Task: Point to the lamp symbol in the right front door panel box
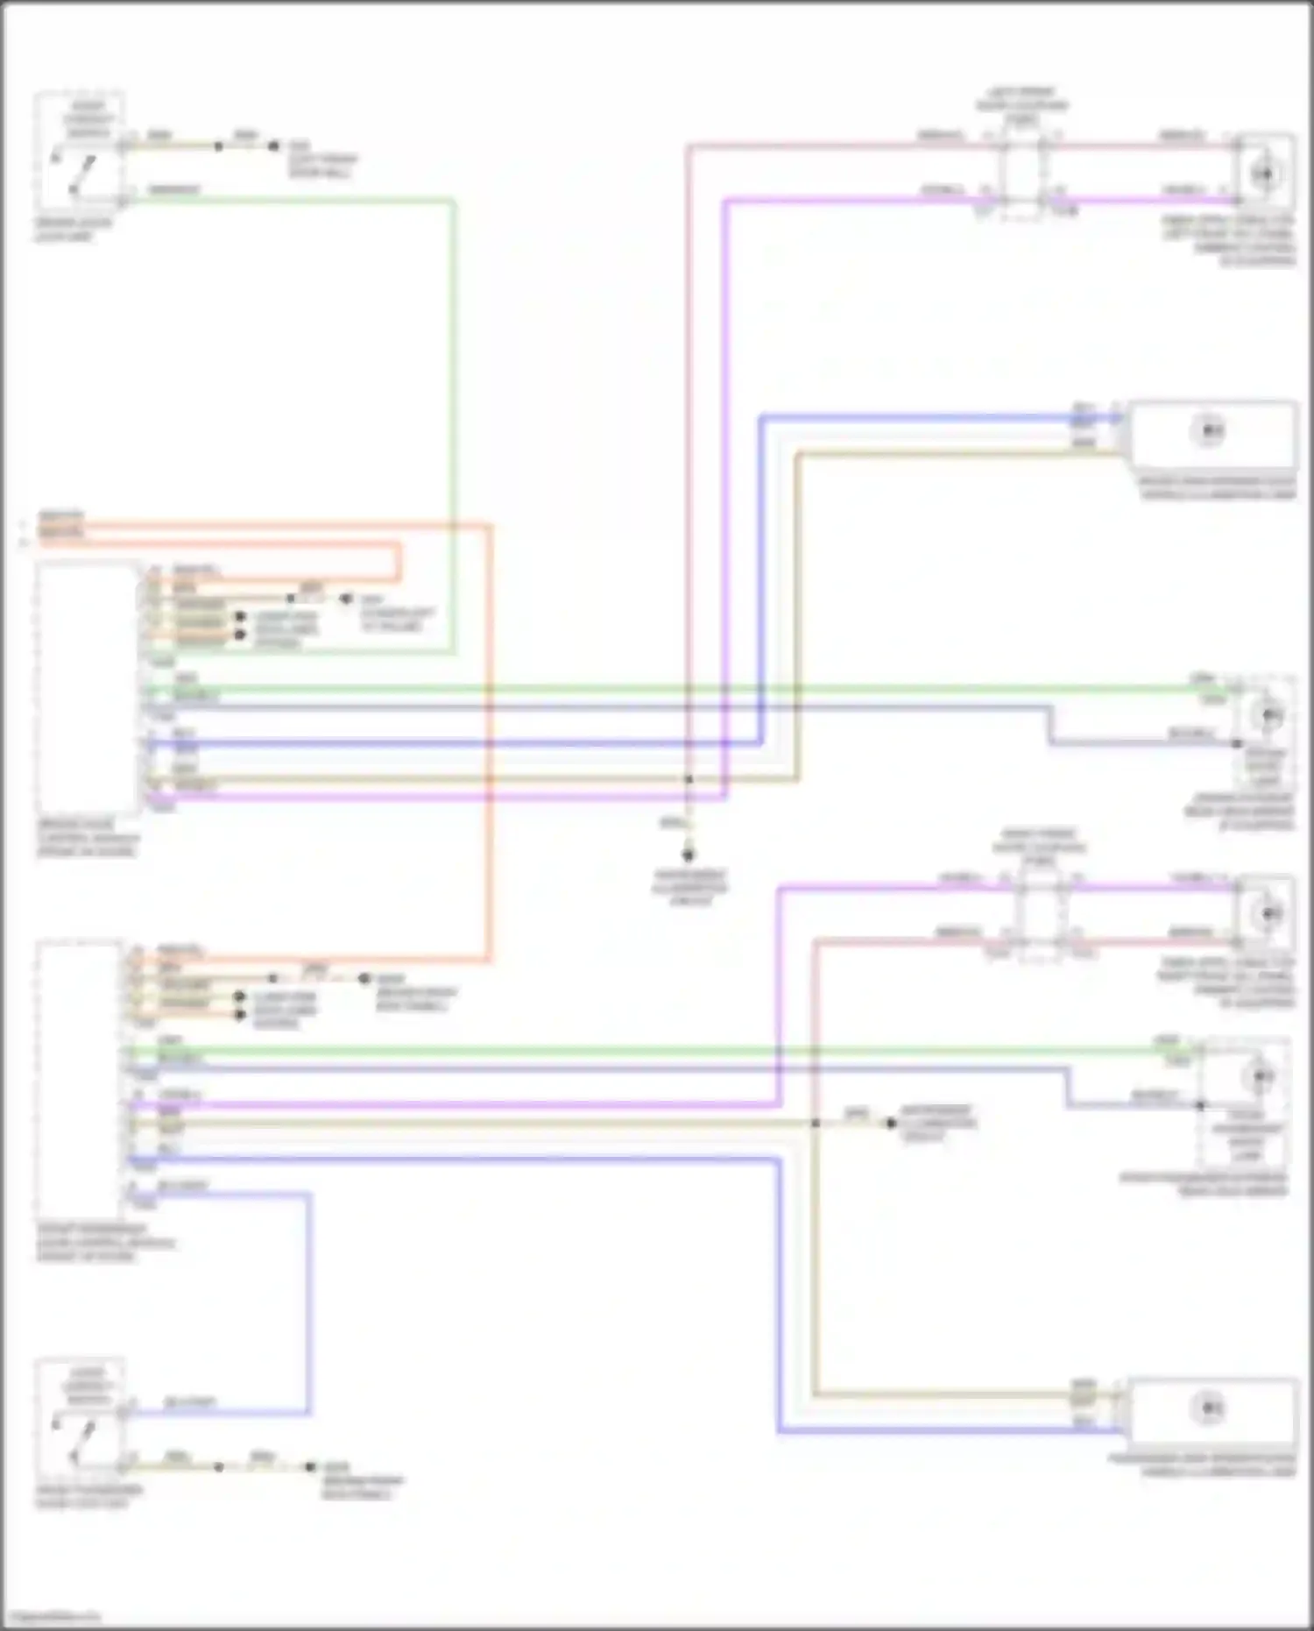1267,914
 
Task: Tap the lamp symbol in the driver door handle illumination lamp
1209,431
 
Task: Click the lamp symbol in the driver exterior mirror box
1268,716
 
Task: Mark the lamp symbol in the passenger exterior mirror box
1261,1074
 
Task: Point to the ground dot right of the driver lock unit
273,146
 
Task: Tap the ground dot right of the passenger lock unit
309,1466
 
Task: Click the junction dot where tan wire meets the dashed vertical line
689,779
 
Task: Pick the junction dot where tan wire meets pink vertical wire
815,1123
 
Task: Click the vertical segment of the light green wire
454,421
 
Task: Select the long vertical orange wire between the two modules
489,745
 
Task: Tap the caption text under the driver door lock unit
74,230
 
